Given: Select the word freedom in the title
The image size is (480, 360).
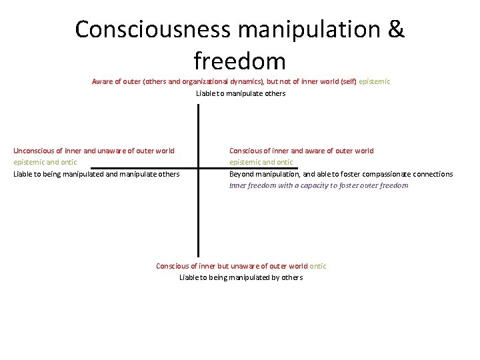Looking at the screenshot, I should tap(240, 62).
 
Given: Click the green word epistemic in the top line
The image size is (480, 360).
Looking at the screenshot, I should tap(375, 81).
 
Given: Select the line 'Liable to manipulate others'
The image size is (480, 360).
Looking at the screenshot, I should tap(241, 93).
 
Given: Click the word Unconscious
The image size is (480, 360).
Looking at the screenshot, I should tap(36, 151).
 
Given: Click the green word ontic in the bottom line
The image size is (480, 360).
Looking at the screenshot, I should tap(318, 266).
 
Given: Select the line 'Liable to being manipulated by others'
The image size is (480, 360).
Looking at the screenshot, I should tap(241, 277).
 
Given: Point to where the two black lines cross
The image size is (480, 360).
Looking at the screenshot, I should tap(198, 167).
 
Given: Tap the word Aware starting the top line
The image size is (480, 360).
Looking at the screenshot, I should tap(102, 81).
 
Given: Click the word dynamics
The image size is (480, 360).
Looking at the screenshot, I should tap(247, 81).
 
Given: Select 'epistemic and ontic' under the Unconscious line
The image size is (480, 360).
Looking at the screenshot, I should tap(45, 162).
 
